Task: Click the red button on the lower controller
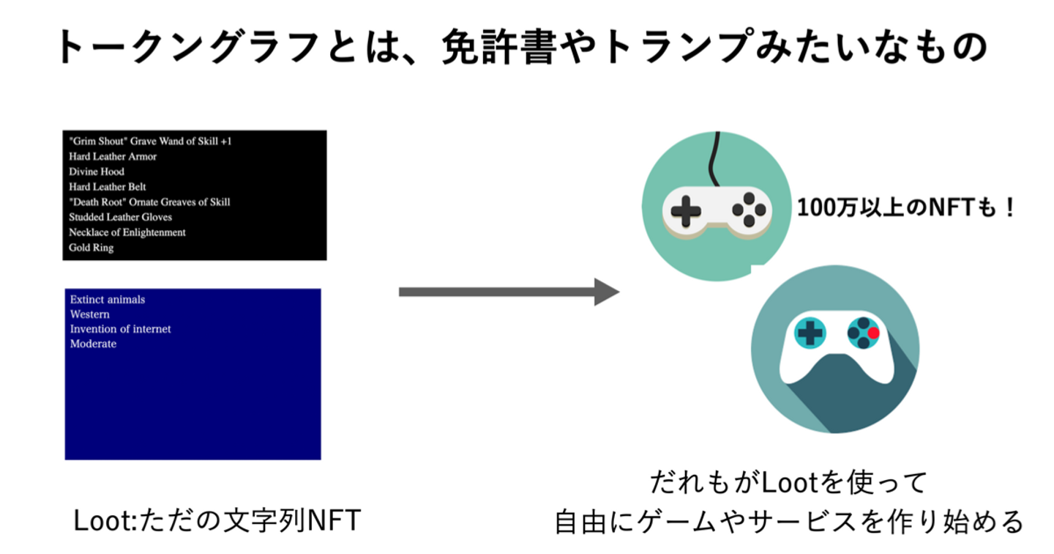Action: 873,333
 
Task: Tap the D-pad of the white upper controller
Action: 685,211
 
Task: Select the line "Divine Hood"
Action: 97,171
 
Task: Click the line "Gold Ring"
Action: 91,248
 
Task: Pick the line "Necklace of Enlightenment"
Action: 127,232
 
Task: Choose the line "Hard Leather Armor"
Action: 113,156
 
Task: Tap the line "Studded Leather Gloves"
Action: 120,217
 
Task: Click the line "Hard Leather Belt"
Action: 108,187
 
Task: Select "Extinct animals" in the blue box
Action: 108,300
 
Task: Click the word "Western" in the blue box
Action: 89,314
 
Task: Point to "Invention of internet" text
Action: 120,329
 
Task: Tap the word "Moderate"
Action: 93,344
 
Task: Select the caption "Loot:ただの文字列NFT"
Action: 217,522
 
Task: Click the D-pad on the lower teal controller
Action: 810,333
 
